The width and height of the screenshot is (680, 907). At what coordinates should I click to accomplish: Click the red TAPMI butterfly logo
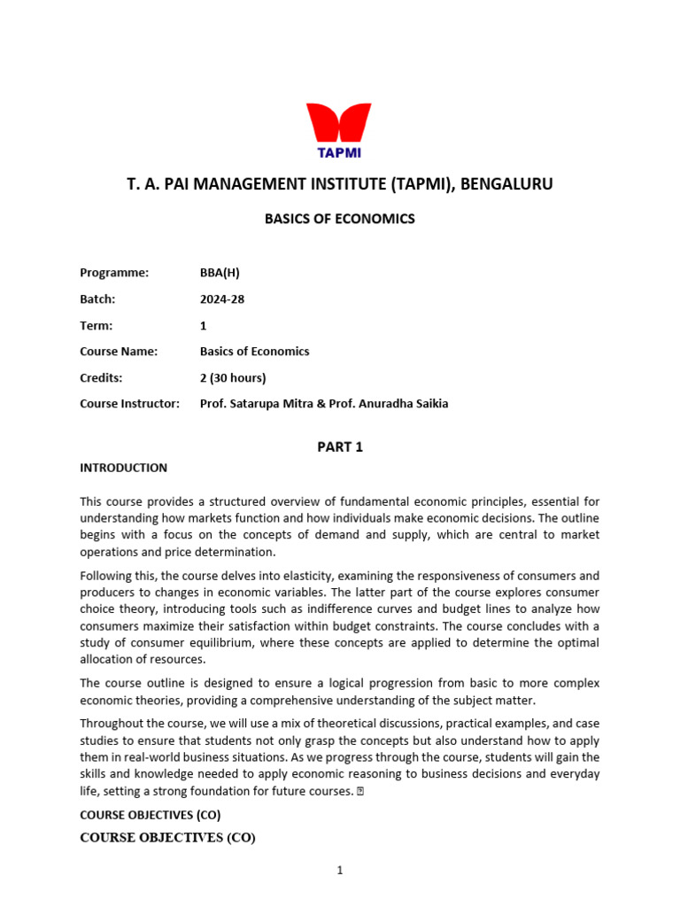[x=339, y=129]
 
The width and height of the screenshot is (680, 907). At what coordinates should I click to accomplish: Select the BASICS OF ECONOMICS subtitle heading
[x=339, y=219]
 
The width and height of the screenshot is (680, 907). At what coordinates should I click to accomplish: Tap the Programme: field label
[x=114, y=273]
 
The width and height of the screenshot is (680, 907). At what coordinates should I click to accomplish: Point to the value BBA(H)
[x=220, y=273]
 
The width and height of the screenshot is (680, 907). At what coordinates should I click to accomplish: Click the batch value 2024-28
[x=222, y=299]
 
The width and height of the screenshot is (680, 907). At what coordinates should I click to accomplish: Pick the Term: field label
[x=97, y=325]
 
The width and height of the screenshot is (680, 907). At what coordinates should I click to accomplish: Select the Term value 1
[x=204, y=325]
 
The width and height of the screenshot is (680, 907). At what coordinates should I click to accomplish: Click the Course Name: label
[x=119, y=352]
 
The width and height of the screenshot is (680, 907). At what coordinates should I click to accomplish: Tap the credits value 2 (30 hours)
[x=233, y=377]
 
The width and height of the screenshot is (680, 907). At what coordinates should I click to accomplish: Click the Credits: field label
[x=101, y=377]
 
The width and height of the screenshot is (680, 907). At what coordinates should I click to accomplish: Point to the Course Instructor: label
[x=129, y=404]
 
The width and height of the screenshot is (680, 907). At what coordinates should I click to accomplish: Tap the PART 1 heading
[x=340, y=447]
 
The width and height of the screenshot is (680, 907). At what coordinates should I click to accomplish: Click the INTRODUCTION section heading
[x=123, y=468]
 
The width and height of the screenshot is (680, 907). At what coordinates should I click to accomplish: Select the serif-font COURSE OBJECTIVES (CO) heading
[x=167, y=837]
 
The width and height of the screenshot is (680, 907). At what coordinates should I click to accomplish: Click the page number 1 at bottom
[x=339, y=871]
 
